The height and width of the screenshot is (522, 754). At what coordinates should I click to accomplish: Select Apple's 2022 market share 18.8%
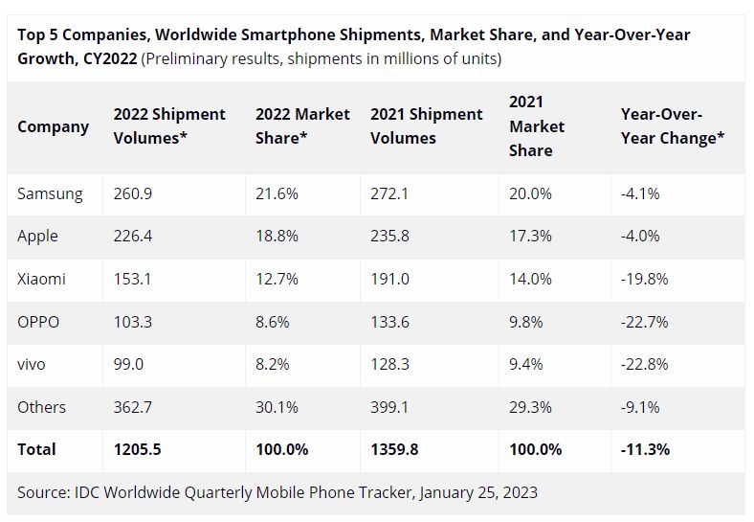pyautogui.click(x=277, y=236)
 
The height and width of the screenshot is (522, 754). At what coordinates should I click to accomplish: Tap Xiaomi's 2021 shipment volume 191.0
pyautogui.click(x=390, y=279)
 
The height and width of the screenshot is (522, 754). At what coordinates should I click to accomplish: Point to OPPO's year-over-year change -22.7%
pyautogui.click(x=644, y=322)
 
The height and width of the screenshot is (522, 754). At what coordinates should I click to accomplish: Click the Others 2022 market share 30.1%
pyautogui.click(x=277, y=407)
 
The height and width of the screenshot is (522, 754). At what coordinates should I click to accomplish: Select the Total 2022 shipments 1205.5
pyautogui.click(x=138, y=449)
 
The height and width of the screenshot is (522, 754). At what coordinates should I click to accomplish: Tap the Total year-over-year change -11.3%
pyautogui.click(x=646, y=449)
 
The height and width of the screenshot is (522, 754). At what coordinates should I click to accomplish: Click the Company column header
pyautogui.click(x=54, y=126)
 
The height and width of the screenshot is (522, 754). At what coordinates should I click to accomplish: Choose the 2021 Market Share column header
pyautogui.click(x=537, y=125)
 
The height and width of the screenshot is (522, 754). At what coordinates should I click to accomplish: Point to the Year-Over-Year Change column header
pyautogui.click(x=673, y=125)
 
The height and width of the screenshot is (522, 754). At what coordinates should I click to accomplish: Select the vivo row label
pyautogui.click(x=32, y=364)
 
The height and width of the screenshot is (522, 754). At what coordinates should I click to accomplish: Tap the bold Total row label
pyautogui.click(x=36, y=449)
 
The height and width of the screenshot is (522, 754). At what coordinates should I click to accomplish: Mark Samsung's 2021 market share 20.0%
pyautogui.click(x=530, y=193)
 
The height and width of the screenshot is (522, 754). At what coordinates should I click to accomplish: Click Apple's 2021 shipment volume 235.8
pyautogui.click(x=390, y=236)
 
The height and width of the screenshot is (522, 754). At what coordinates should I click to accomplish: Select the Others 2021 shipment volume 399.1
pyautogui.click(x=390, y=407)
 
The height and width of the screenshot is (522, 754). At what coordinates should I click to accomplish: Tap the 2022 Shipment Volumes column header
pyautogui.click(x=169, y=125)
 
